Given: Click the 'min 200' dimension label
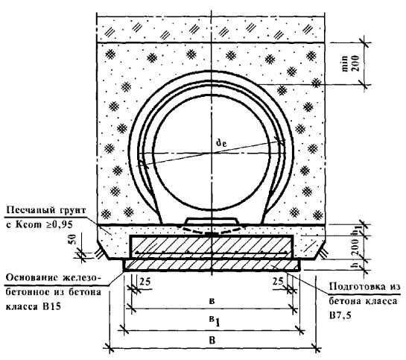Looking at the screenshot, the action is point(352,63).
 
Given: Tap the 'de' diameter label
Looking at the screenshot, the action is point(221,142).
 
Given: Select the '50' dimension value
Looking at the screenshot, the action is point(73,239).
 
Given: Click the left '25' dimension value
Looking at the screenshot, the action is point(145,282).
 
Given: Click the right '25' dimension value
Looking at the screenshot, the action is point(278,281).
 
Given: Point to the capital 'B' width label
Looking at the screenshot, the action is point(212,341).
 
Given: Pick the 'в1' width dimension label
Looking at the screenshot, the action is point(215,321).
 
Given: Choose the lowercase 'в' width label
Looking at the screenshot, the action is point(212,301).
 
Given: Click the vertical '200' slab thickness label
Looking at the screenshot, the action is point(355,248).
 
